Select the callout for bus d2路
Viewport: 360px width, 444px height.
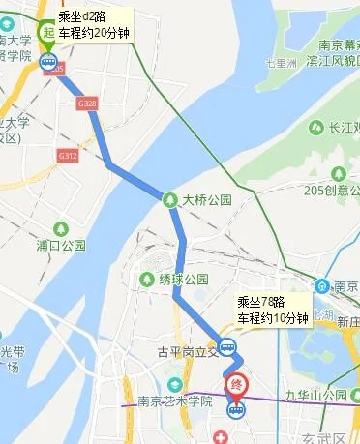pos(93,25)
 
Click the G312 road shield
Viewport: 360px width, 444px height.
pos(67,155)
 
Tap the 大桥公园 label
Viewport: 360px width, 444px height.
pos(208,200)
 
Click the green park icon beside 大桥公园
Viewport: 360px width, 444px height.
pos(171,200)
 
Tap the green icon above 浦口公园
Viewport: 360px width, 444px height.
pos(62,228)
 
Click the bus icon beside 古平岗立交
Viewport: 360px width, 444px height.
pos(227,345)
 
